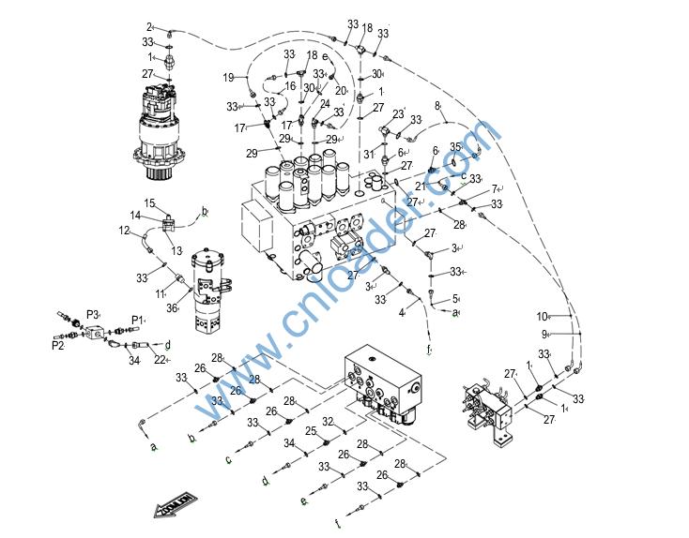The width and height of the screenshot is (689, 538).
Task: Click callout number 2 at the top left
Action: tap(149, 26)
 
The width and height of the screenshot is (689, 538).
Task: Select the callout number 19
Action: tap(228, 77)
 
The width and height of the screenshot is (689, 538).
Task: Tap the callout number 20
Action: tap(341, 91)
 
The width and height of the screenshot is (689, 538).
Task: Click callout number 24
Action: tap(325, 104)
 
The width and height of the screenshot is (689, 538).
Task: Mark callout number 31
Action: tap(368, 154)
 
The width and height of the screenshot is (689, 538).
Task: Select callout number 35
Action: tap(455, 146)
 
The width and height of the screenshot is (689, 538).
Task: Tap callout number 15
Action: tap(148, 203)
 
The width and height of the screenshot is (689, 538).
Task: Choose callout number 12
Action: tap(123, 230)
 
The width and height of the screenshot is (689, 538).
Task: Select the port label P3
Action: tap(92, 314)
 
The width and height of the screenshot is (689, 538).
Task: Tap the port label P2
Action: tap(57, 345)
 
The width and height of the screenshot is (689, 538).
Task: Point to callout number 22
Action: tap(160, 360)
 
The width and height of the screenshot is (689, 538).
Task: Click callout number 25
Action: tap(310, 430)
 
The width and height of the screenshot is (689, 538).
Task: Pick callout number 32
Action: tap(328, 421)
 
